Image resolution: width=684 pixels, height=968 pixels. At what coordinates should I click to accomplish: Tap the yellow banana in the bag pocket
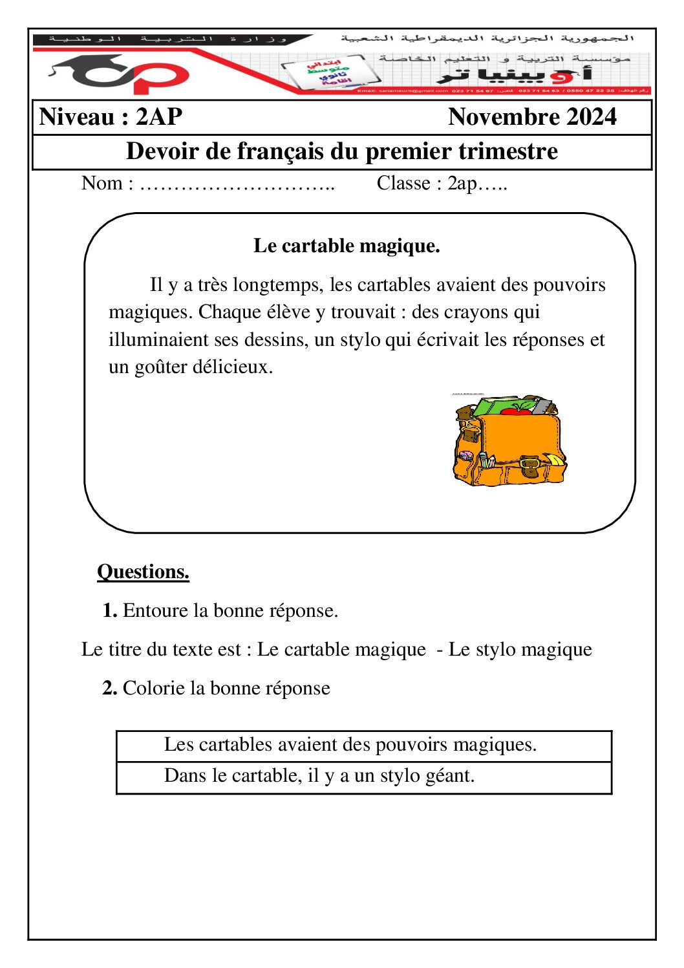coord(555,460)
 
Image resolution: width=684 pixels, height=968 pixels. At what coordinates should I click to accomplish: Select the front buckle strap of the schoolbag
coord(529,465)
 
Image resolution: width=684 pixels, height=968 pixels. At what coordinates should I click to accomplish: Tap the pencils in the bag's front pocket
coord(487,460)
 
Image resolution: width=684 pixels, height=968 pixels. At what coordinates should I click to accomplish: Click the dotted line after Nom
coord(237,184)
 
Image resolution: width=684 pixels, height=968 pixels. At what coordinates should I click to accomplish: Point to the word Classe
coord(403,184)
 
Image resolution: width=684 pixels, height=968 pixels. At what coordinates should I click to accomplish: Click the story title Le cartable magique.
coord(347,246)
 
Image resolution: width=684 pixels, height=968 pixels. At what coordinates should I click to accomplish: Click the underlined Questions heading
coord(143,572)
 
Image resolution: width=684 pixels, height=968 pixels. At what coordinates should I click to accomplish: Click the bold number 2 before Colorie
coord(109,688)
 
